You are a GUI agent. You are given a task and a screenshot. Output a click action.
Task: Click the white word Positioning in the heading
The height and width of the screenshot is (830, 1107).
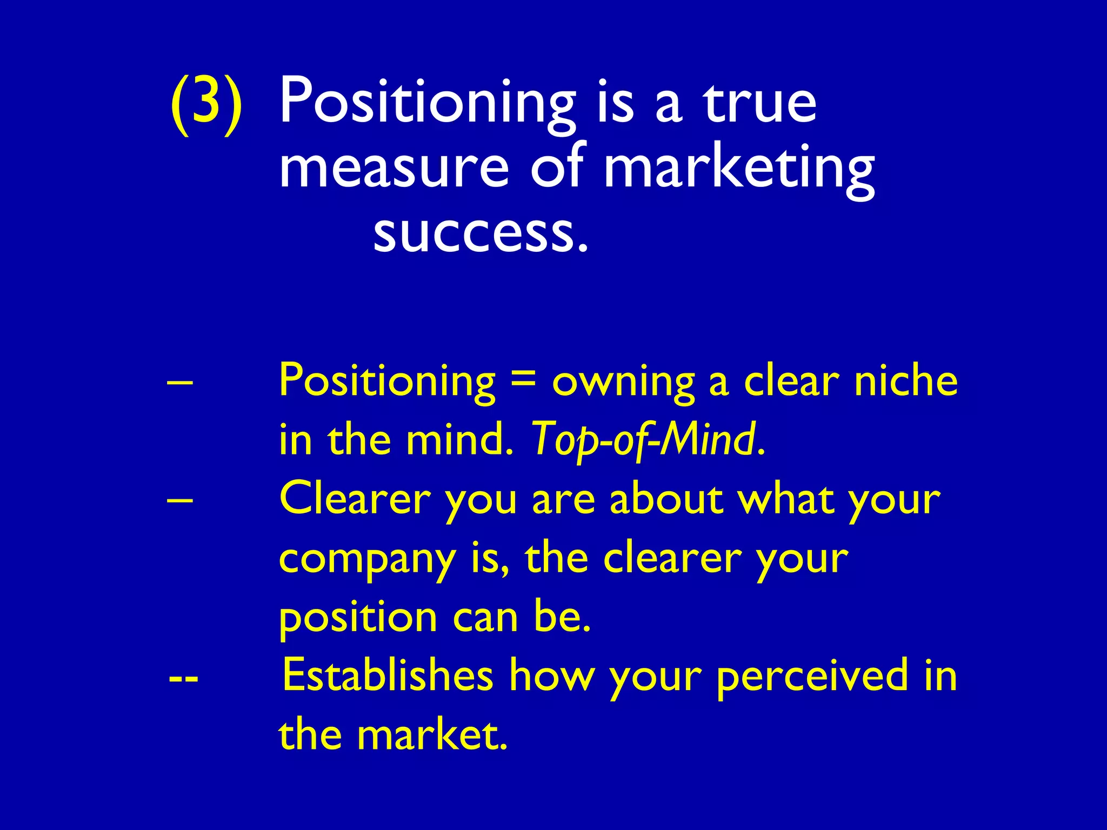[x=427, y=103]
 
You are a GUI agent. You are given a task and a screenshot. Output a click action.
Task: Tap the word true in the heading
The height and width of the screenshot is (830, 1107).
[x=759, y=103]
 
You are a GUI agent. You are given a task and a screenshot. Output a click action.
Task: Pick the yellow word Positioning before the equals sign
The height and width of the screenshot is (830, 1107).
[x=387, y=381]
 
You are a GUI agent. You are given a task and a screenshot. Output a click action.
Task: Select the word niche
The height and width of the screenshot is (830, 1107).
[x=905, y=380]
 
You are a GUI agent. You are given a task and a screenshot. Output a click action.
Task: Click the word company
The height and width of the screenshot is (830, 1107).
[x=367, y=560]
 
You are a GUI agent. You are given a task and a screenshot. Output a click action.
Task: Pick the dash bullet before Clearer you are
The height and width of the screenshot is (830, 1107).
[x=179, y=499]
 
